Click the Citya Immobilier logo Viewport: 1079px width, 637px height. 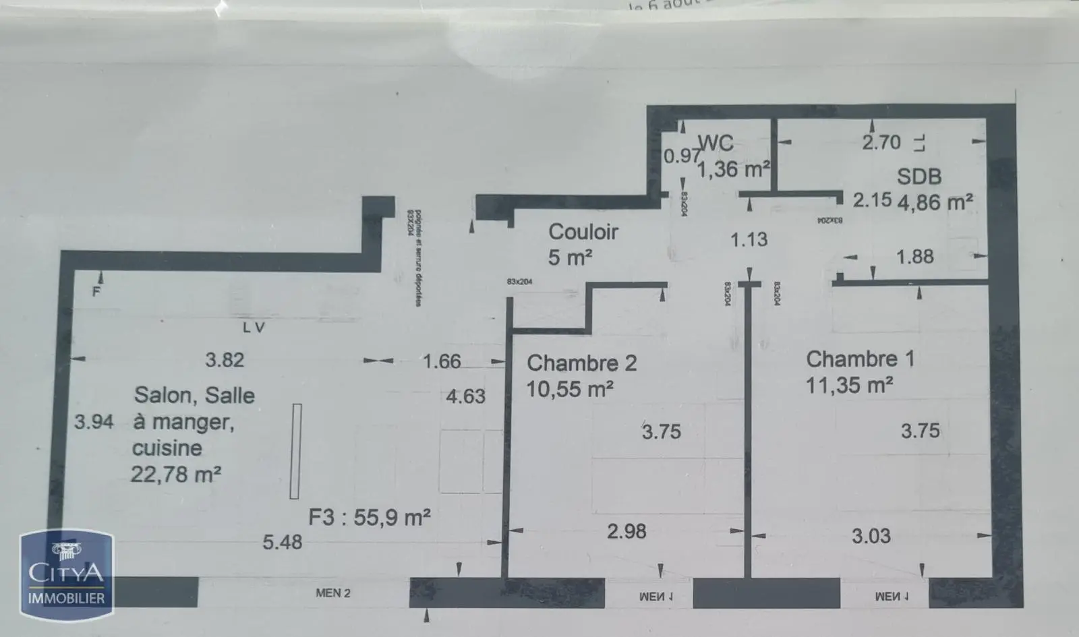tap(66, 574)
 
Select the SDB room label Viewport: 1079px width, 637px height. tap(918, 177)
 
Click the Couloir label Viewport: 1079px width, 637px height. tap(583, 231)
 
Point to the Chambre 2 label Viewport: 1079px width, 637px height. tap(581, 363)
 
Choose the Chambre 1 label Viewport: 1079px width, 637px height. tap(860, 359)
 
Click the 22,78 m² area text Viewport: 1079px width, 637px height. tap(175, 474)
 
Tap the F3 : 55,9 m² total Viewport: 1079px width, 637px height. tap(370, 517)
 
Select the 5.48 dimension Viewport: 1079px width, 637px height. tap(282, 541)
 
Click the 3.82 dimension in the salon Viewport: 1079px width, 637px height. tap(225, 360)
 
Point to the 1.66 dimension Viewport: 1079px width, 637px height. tap(442, 361)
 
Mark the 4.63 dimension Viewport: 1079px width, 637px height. tap(465, 396)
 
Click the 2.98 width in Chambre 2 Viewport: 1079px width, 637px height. tap(626, 531)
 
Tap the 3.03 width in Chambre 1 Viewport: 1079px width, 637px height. tap(871, 536)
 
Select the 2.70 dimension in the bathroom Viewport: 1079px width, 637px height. tap(881, 142)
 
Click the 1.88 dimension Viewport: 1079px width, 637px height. tap(914, 257)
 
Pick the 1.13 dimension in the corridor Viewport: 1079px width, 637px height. tap(749, 239)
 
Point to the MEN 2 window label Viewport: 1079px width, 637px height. tap(333, 594)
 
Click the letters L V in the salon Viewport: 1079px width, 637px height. tap(254, 328)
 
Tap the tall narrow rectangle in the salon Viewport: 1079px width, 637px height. tap(295, 451)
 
